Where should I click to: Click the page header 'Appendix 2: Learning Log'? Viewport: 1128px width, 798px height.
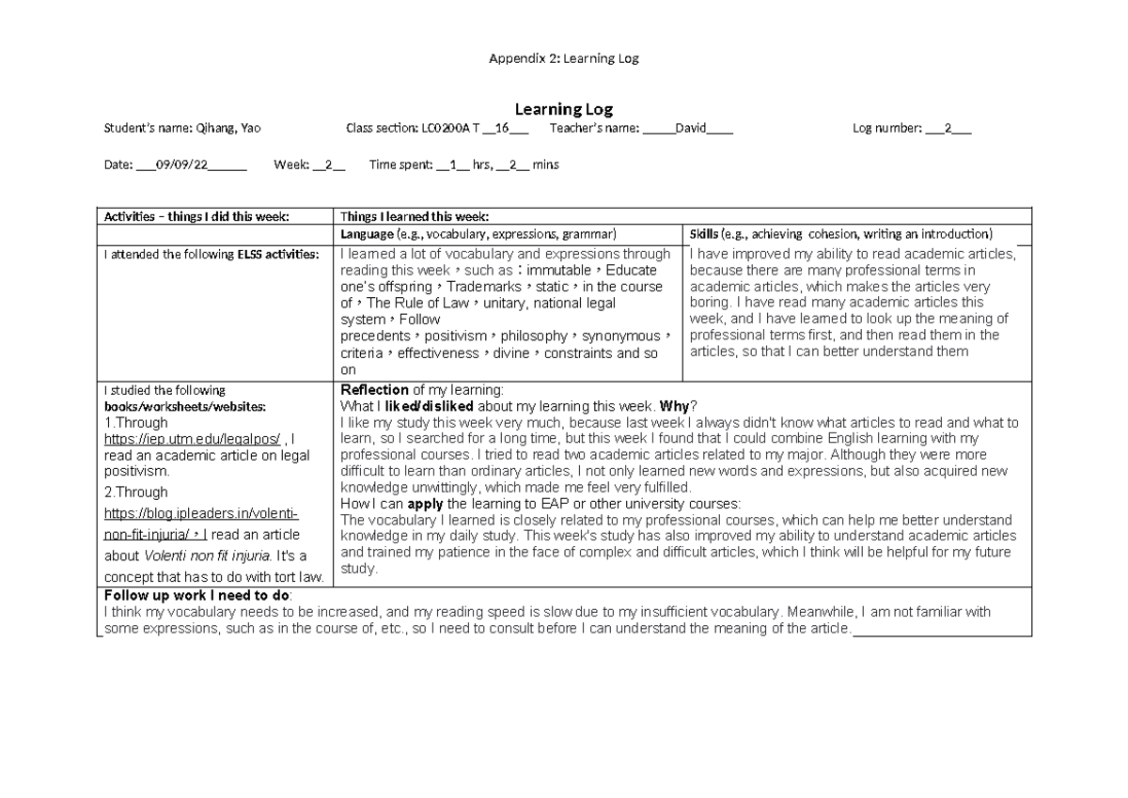pos(563,58)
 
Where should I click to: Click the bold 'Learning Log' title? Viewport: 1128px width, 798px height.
pos(563,110)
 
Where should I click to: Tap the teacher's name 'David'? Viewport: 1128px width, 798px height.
pos(689,129)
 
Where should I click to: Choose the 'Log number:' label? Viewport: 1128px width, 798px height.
pos(886,129)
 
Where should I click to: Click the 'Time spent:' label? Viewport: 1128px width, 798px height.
pos(400,164)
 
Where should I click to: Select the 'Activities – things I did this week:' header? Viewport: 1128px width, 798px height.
pos(196,215)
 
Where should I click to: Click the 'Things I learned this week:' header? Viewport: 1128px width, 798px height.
pos(415,215)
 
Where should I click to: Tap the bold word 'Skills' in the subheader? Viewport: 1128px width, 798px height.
pos(704,233)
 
